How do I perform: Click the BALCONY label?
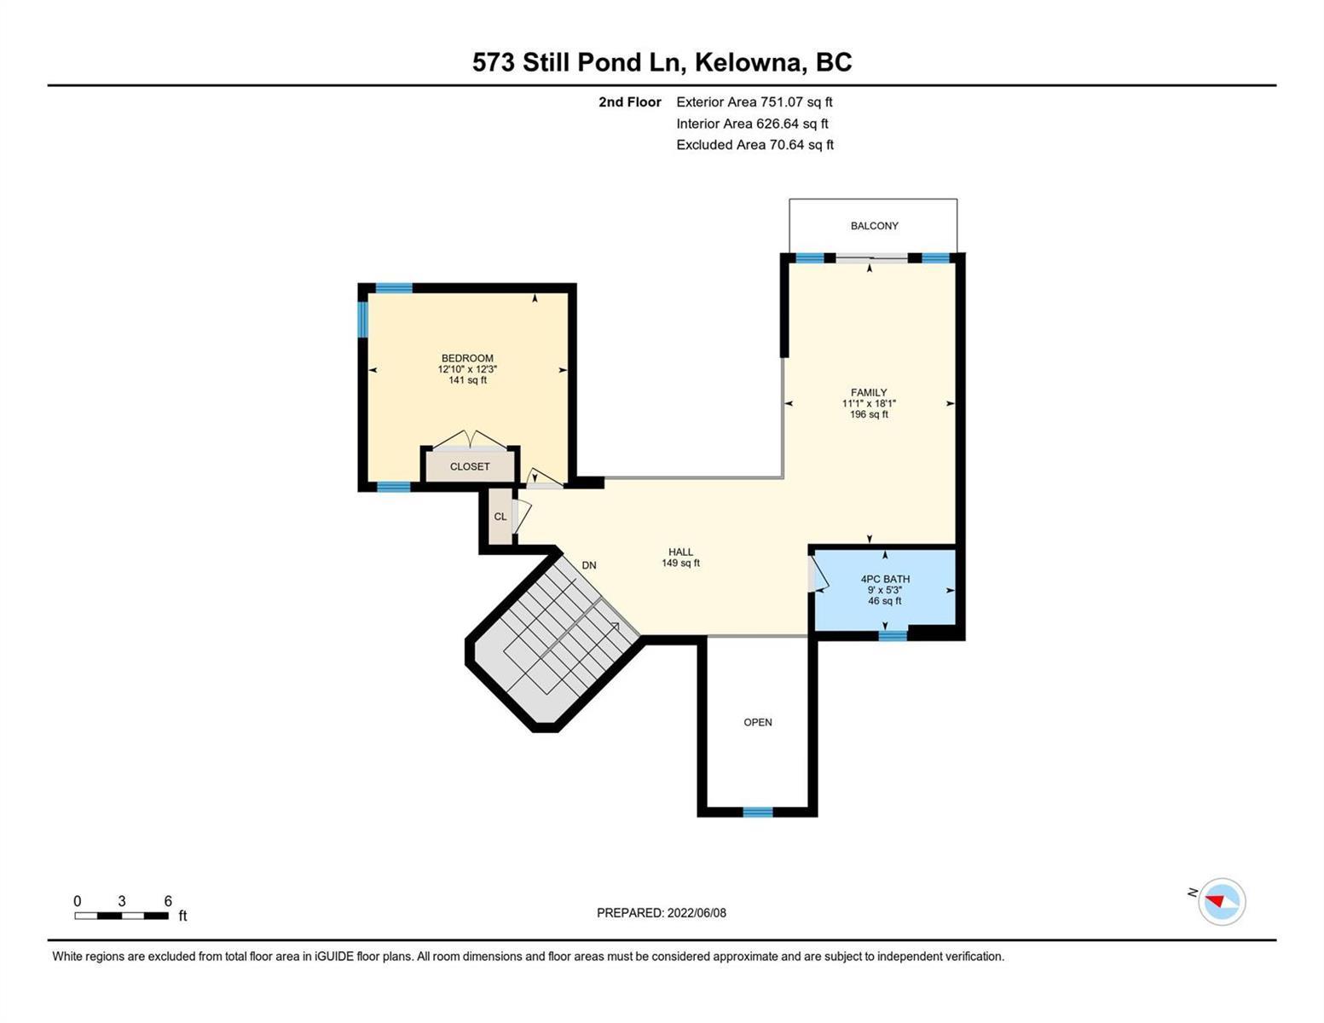[x=875, y=226]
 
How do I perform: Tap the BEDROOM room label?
[x=467, y=358]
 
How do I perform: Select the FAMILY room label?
[x=869, y=392]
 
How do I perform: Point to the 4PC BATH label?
[x=885, y=579]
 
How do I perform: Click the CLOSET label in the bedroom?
[x=470, y=466]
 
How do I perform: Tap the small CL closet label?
[x=500, y=517]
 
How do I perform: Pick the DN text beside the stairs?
[x=588, y=565]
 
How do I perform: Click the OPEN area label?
[x=758, y=722]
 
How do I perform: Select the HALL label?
[x=680, y=552]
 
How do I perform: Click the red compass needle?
[x=1215, y=900]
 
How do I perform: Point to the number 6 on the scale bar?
[x=168, y=901]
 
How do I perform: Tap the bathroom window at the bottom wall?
[x=893, y=636]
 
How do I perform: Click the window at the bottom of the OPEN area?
[x=758, y=812]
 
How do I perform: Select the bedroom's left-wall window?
[x=362, y=319]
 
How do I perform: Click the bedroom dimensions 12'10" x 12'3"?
[x=467, y=369]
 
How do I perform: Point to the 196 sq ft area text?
[x=869, y=414]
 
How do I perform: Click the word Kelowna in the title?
[x=749, y=62]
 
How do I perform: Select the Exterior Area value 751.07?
[x=781, y=101]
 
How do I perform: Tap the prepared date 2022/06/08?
[x=697, y=913]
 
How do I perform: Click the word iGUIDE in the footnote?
[x=334, y=957]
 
